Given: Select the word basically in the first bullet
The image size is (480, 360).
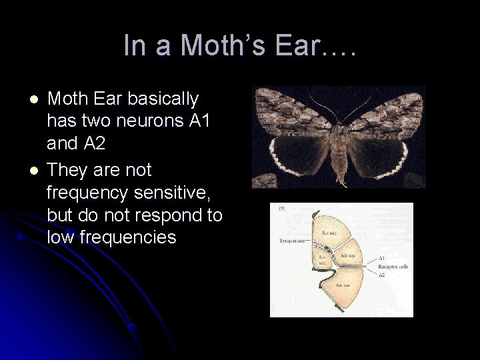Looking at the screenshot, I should (163, 99).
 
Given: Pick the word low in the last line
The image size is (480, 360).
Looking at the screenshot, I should (61, 237).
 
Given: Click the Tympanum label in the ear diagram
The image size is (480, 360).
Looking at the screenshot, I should (291, 241).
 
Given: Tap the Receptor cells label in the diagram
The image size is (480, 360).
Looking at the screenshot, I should (393, 267).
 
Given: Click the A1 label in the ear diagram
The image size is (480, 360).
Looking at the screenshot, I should (381, 258).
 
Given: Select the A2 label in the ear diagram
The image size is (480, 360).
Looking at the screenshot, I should (381, 275).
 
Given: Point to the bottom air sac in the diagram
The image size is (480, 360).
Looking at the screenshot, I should (343, 285).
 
